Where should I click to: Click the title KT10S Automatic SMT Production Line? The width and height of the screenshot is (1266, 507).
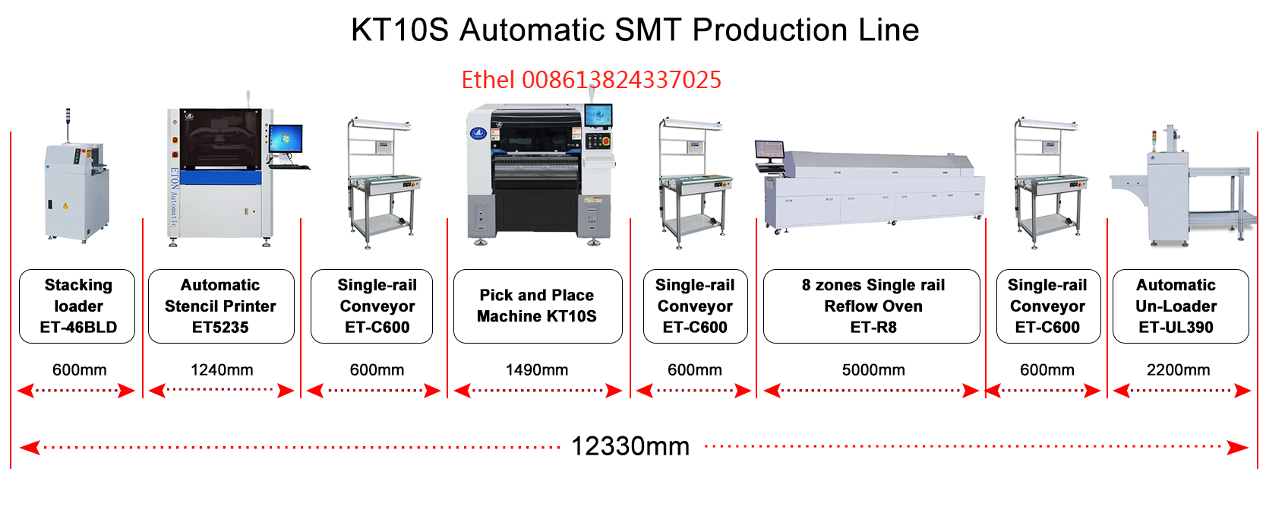click(635, 30)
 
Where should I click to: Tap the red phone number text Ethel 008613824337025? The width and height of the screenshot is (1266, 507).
click(591, 80)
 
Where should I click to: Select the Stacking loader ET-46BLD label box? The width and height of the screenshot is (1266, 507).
click(77, 306)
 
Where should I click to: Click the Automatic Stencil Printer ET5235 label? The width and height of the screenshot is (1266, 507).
click(221, 306)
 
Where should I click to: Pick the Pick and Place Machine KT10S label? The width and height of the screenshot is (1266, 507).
click(538, 306)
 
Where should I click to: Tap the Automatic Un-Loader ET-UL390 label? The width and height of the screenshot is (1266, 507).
click(1181, 306)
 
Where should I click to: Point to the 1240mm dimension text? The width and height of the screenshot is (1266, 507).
click(222, 370)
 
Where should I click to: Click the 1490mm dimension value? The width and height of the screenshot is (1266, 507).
click(537, 370)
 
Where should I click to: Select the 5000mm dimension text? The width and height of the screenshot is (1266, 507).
click(873, 370)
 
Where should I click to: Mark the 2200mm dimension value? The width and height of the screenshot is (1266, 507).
click(1179, 370)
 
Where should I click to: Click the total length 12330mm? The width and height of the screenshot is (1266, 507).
click(630, 446)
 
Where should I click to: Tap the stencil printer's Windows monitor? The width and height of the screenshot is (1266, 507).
click(286, 139)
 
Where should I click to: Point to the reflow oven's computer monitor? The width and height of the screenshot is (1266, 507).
click(769, 151)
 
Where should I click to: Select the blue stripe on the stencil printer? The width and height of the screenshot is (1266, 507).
click(220, 178)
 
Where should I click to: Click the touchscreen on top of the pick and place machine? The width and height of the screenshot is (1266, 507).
click(598, 116)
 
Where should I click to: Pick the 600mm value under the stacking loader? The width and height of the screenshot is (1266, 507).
click(79, 370)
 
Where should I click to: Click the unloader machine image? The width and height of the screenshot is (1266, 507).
click(1181, 187)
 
